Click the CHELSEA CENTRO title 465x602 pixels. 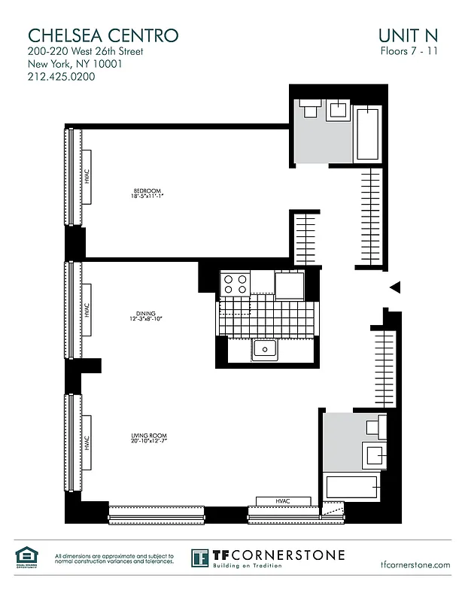(x=103, y=35)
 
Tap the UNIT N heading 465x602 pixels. (x=409, y=35)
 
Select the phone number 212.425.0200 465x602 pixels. (x=66, y=77)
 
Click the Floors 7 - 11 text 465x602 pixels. (x=409, y=51)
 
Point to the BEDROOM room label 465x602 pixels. (x=147, y=193)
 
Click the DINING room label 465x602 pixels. (x=146, y=316)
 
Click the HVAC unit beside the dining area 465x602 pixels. (x=87, y=309)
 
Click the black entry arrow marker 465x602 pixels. (x=394, y=287)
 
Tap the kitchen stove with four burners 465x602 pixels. (x=235, y=284)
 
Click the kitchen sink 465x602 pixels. (x=264, y=348)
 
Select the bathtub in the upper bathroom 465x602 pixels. (x=368, y=134)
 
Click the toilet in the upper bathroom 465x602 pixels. (x=308, y=111)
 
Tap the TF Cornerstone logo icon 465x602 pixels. (x=200, y=558)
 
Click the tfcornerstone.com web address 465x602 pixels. (x=415, y=564)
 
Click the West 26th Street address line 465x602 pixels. (x=85, y=51)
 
